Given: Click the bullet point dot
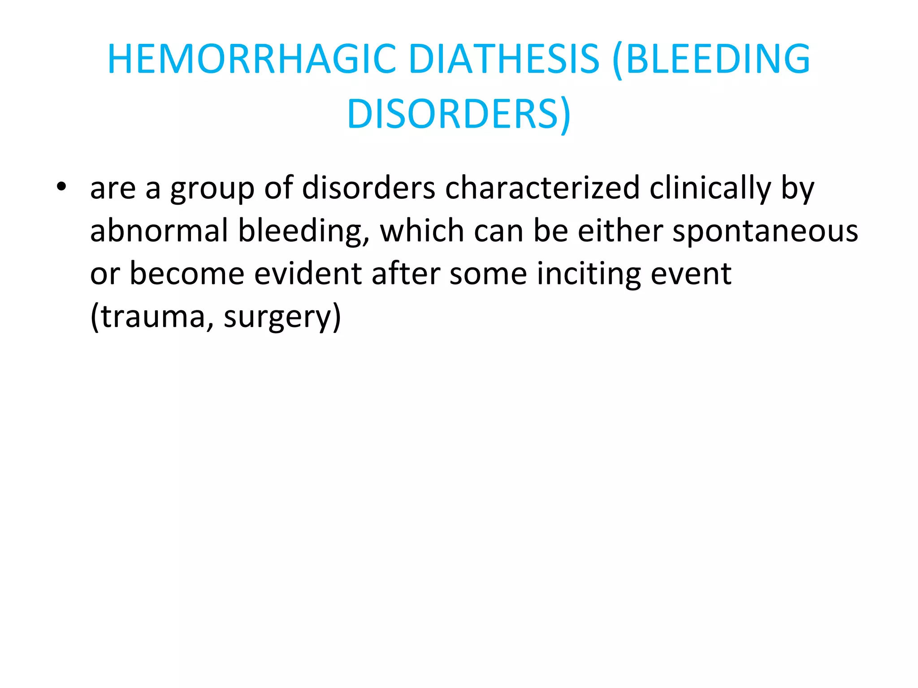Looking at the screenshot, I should (x=61, y=186).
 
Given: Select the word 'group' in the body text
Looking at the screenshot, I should (x=212, y=188).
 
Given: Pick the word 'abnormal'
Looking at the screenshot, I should (x=159, y=230).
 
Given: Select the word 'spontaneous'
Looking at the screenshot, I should (x=765, y=231).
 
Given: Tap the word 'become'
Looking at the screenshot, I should (x=187, y=273).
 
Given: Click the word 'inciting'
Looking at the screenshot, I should (x=589, y=274).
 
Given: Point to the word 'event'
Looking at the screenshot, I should (x=691, y=274).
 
